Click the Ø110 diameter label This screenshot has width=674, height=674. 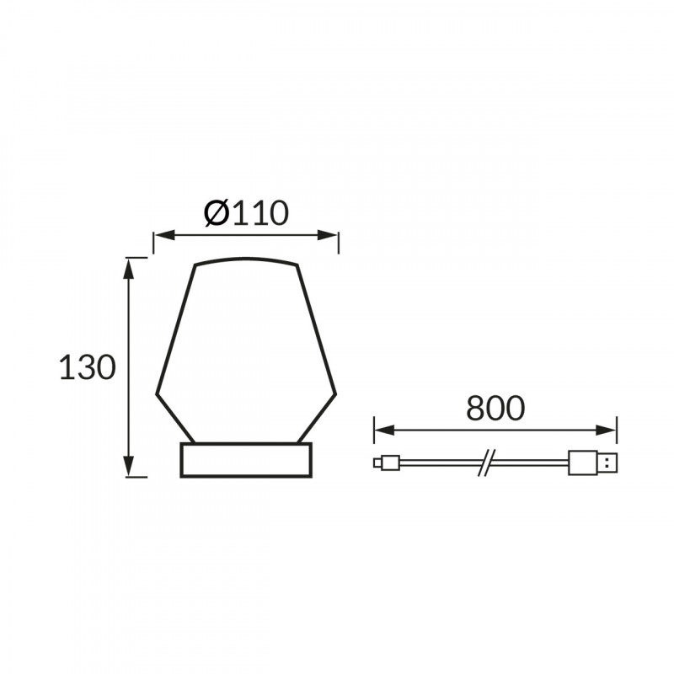tap(246, 213)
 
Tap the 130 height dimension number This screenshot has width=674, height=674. tap(88, 367)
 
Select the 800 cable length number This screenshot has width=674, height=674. tap(495, 408)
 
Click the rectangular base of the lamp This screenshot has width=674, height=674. tap(246, 460)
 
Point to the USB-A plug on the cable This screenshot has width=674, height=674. tap(592, 463)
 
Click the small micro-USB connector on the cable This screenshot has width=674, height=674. tap(387, 463)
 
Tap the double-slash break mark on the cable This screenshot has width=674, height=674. tap(486, 463)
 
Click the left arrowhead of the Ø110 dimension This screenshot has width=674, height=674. tap(164, 235)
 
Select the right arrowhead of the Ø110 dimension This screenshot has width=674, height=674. tap(328, 235)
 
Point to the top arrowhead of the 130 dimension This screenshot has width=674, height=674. tap(129, 268)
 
